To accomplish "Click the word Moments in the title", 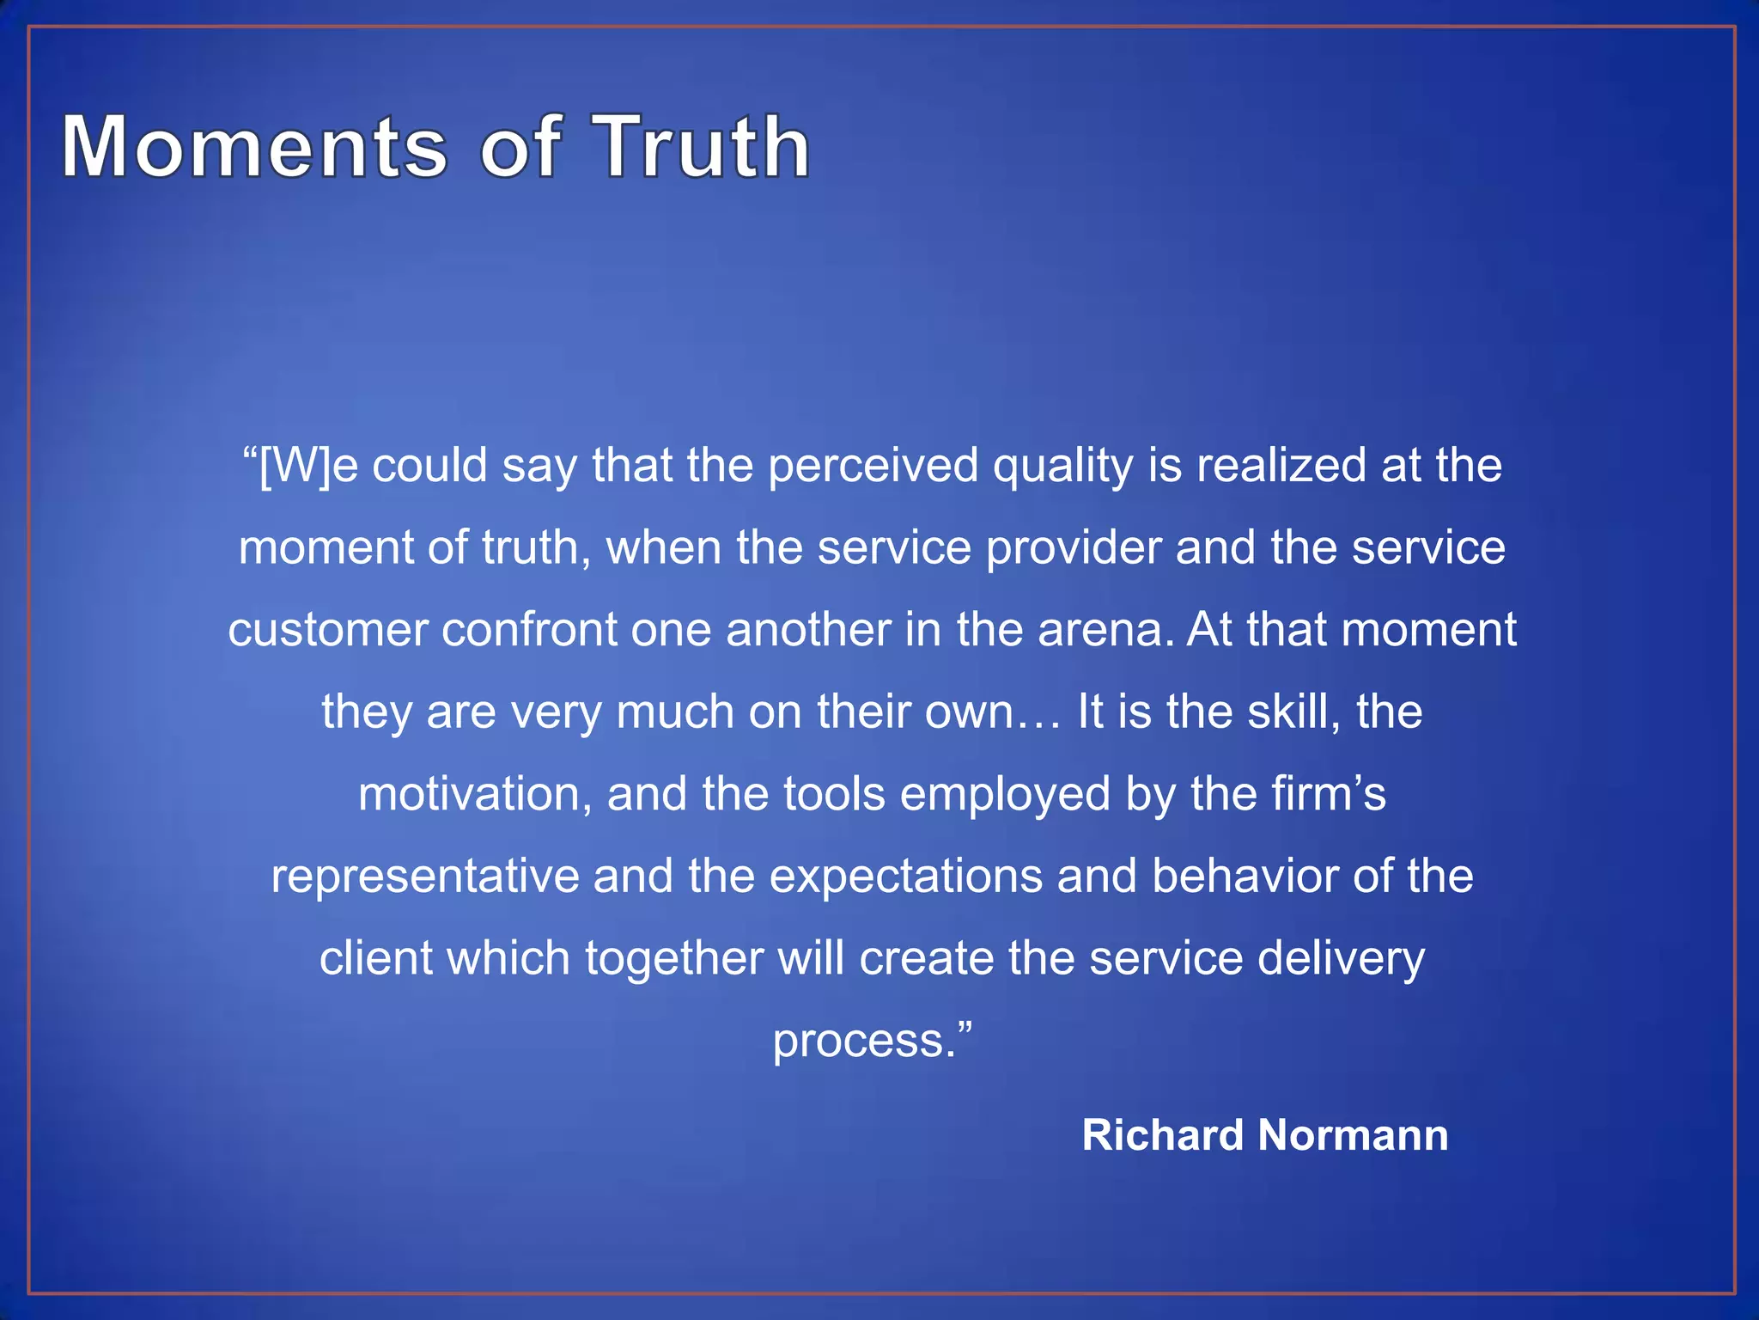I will coord(254,147).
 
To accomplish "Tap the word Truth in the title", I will coord(703,147).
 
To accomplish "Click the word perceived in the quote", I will coord(873,466).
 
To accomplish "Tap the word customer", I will coord(327,630).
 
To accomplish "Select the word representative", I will coord(425,877).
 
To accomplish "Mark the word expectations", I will coord(905,877).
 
